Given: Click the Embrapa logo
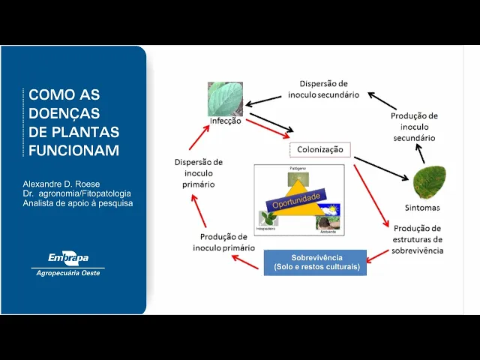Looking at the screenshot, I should coord(67,258).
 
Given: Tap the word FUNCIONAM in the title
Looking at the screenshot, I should coord(73,150).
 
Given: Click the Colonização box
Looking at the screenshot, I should coord(320,149).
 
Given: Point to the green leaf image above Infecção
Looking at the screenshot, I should coord(225,98).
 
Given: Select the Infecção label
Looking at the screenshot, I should coord(225,121).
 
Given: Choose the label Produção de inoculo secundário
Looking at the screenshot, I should coord(414,127).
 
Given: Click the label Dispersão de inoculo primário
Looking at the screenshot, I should coord(198,172).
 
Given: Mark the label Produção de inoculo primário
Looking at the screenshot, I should coord(223,241).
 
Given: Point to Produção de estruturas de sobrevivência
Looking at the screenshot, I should coord(417,239).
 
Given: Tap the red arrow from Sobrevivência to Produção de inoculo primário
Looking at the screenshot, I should coord(245,259).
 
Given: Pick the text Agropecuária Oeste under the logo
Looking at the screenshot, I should coord(67,273).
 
